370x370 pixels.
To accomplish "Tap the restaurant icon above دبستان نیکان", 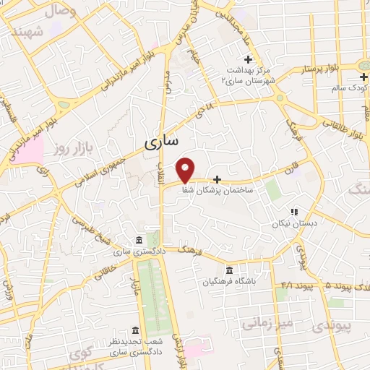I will [x=293, y=212].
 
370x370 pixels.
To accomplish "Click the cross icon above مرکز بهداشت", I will [x=248, y=59].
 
